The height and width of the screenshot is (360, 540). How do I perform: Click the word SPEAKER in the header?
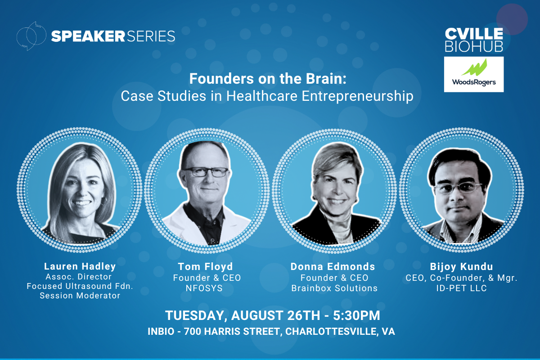click(88, 36)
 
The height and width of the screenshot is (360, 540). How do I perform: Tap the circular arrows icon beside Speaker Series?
click(31, 36)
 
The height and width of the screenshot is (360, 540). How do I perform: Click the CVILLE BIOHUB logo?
click(474, 40)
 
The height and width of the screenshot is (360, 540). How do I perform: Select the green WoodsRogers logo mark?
click(474, 67)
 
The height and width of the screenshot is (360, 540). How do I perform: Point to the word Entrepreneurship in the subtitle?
click(358, 96)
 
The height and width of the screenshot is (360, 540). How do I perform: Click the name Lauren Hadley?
click(80, 266)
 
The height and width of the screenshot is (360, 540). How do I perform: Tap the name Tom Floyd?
click(205, 267)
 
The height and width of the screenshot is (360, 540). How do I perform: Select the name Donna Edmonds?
click(333, 267)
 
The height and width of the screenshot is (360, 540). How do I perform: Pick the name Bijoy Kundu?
click(461, 267)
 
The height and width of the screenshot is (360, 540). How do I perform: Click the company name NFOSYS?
click(204, 288)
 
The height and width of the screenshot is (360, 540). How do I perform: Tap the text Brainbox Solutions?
click(334, 288)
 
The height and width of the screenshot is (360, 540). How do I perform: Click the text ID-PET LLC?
click(461, 288)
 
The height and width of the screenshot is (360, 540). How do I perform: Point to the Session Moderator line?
click(80, 296)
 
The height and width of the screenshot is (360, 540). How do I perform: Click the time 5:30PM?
click(356, 315)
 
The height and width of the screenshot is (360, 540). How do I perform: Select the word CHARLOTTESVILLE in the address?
click(330, 332)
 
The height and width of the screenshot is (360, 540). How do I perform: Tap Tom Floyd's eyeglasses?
click(206, 172)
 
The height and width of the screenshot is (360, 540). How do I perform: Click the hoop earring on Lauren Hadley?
click(104, 201)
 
